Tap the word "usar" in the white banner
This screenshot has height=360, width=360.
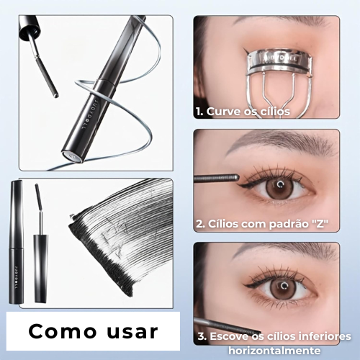[132, 332]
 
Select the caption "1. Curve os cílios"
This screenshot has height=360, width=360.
[242, 112]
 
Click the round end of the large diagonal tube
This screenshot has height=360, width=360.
[70, 156]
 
